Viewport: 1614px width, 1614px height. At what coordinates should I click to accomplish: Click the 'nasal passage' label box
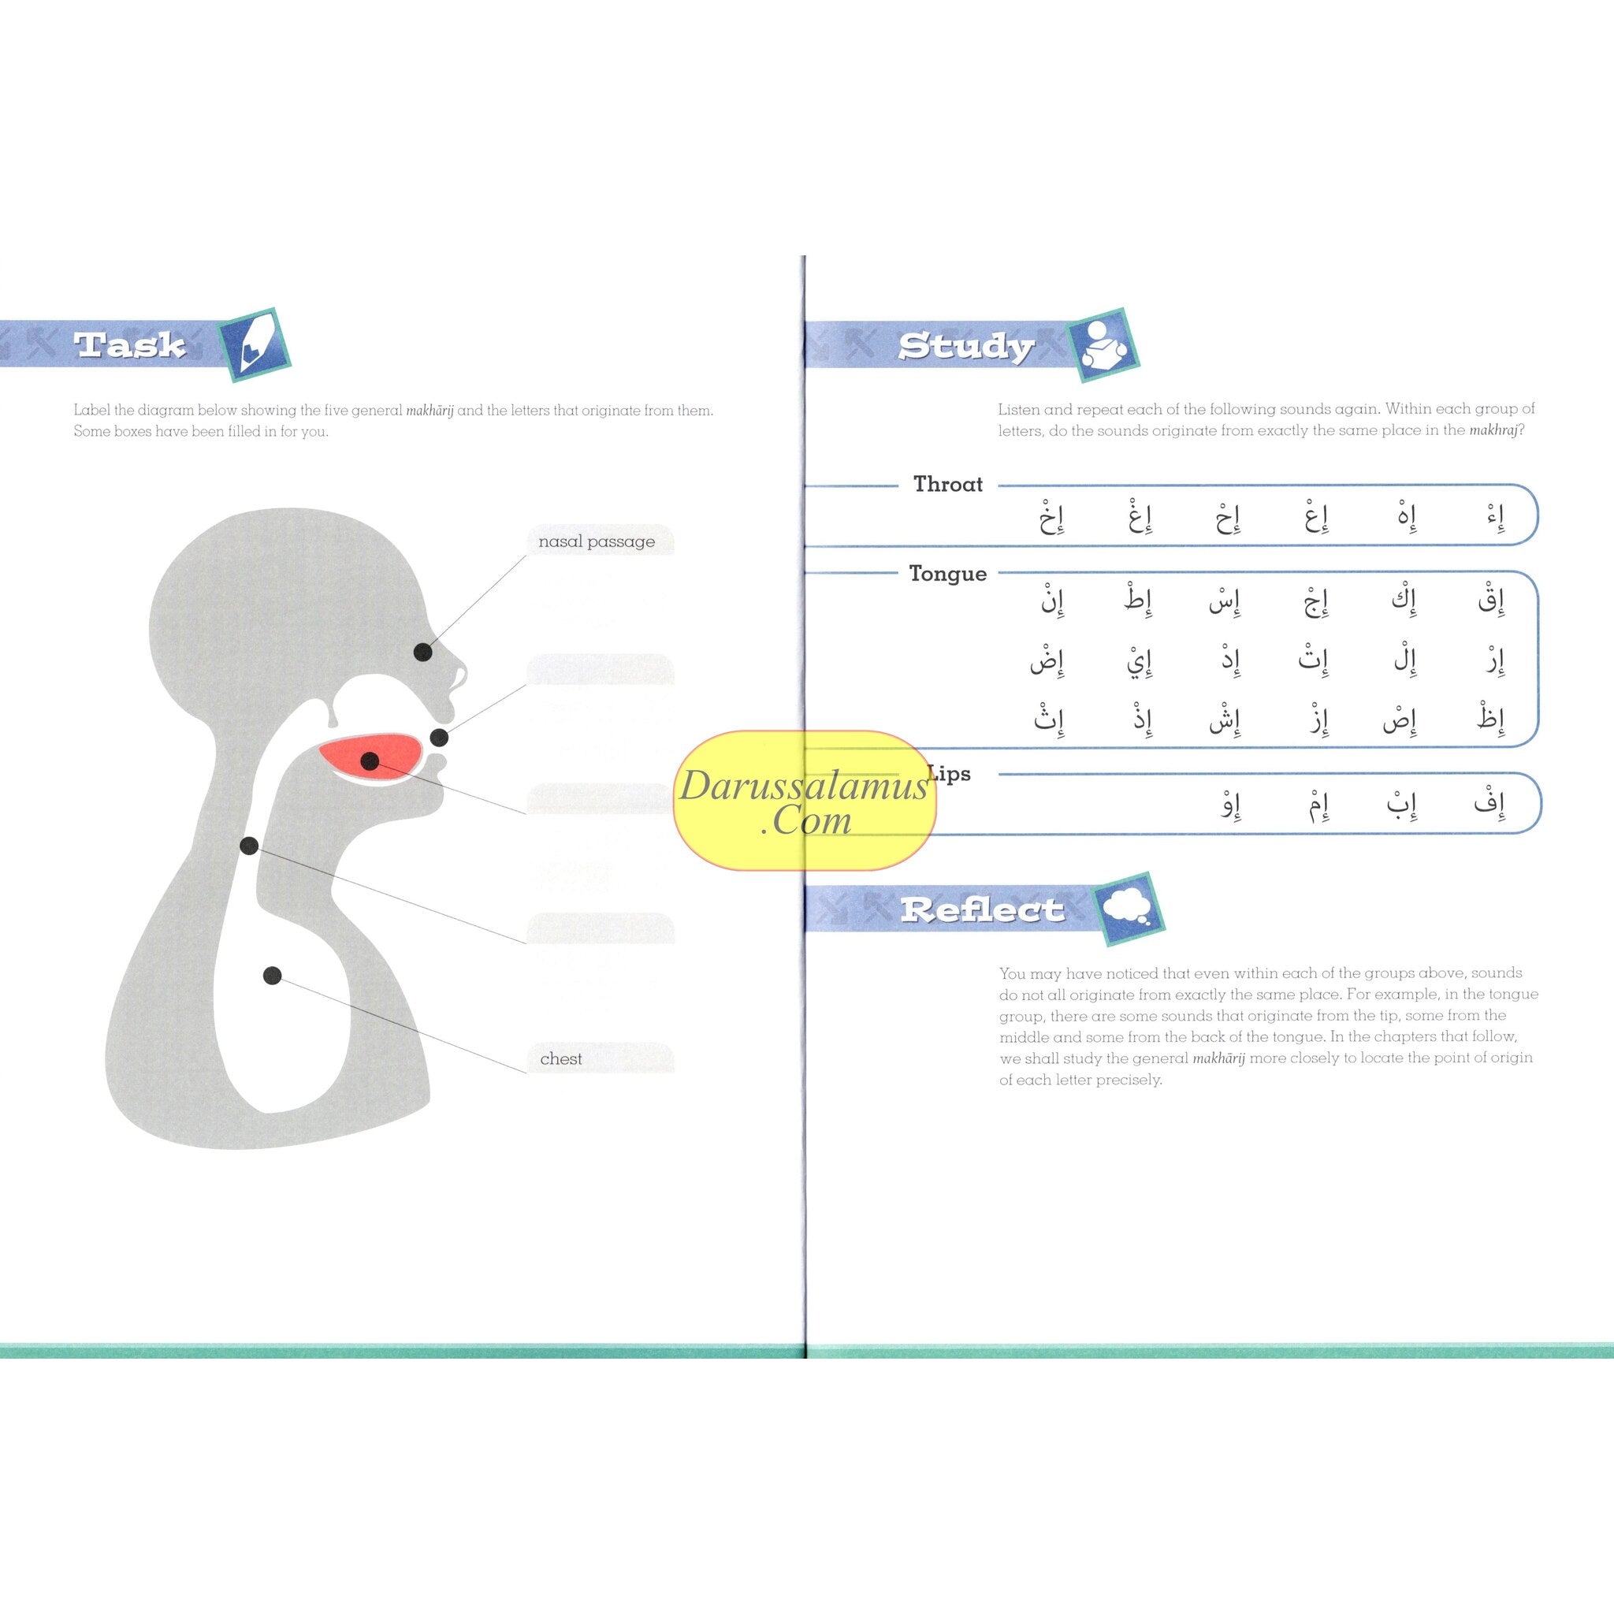point(597,541)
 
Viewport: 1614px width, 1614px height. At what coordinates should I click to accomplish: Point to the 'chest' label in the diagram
point(561,1058)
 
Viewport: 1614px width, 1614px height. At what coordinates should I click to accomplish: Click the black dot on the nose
point(422,652)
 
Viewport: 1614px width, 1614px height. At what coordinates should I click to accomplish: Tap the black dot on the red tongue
point(370,761)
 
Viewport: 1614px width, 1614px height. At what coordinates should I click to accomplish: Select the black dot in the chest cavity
point(273,975)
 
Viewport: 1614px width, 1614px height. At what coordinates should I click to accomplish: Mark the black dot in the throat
point(249,846)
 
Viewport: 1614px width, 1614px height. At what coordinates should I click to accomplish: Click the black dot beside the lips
point(440,738)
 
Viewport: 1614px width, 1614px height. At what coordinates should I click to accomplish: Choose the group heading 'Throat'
point(947,485)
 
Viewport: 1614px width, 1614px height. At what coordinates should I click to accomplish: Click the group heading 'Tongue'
point(947,574)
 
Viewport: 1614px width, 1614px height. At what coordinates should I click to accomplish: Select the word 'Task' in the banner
point(129,345)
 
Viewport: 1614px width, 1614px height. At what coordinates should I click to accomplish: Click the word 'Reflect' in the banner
point(982,909)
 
